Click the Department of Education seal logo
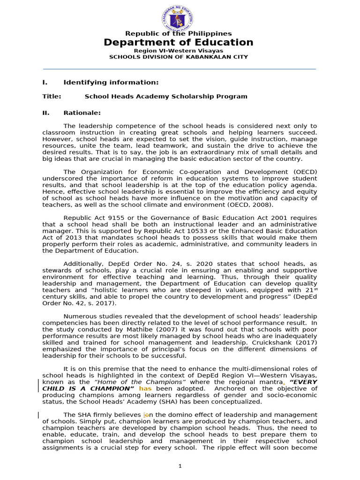pos(178,18)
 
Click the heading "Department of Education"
pos(178,43)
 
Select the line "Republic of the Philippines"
pos(178,34)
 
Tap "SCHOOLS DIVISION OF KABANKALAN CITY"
pos(179,57)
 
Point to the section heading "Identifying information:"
pos(111,82)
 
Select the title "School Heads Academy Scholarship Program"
pos(165,97)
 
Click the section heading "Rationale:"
pos(82,113)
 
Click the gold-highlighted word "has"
pos(145,389)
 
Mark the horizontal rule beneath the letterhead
pos(180,69)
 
